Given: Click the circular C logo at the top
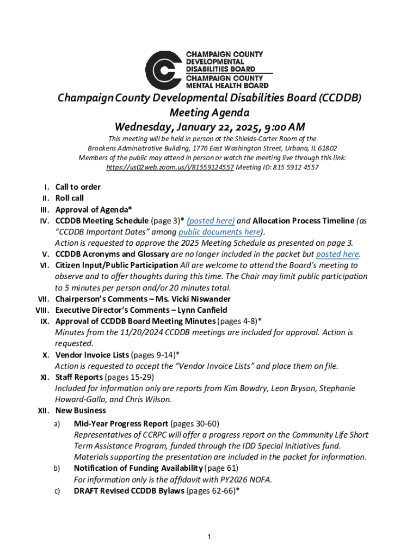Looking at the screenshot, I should coord(163,70).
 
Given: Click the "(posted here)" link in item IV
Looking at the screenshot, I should coord(211,221).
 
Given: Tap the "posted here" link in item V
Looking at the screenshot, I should coord(337,254).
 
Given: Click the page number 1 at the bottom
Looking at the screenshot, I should coord(209,537).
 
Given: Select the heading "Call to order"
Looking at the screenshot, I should coord(78,187).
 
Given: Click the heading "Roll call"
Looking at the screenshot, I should coord(70,198).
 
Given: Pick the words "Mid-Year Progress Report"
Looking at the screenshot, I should coord(121,423).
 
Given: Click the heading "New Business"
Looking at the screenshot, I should coord(81,411).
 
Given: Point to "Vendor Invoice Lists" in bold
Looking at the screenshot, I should coord(92,355).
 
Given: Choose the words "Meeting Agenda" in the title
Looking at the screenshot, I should coord(209,113).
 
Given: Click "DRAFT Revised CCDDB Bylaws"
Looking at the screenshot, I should coord(129,491).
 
